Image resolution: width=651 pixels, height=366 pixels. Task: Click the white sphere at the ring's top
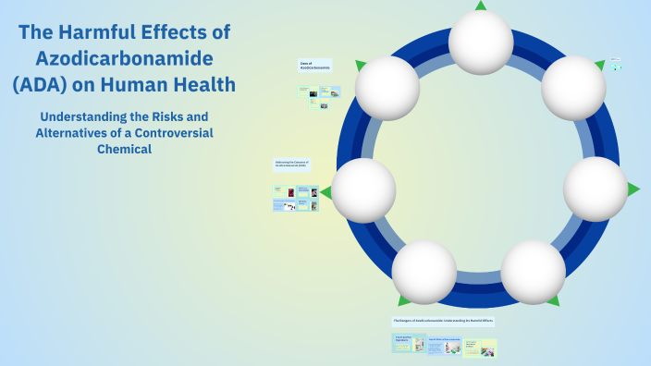481,42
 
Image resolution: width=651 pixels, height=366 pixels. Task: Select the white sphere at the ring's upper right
573,88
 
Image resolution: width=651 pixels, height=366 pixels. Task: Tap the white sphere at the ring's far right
596,189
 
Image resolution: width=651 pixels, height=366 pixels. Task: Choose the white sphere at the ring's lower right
533,272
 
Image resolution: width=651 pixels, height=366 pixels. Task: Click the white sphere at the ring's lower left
424,272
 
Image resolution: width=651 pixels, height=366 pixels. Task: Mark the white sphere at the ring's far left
363,190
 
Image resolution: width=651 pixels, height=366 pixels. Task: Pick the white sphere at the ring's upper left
387,88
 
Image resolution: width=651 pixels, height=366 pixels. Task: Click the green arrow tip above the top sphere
481,5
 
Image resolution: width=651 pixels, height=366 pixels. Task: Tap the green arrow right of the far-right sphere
633,189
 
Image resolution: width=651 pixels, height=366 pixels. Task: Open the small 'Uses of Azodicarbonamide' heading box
315,67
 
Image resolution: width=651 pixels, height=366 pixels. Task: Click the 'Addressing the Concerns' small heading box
292,164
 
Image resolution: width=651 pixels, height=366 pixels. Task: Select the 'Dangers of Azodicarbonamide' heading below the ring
443,322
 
